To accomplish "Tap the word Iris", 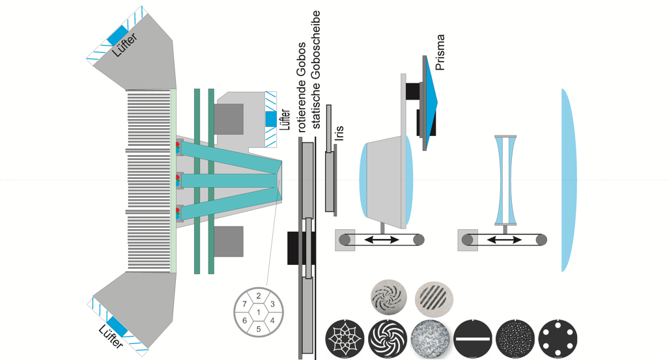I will tap(339, 133).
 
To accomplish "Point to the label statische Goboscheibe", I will tap(317, 72).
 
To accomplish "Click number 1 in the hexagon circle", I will tap(259, 312).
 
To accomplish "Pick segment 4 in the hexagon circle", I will tap(272, 320).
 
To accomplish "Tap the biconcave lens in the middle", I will tap(506, 179).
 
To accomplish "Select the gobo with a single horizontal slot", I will tap(474, 339).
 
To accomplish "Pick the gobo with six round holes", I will tap(559, 339).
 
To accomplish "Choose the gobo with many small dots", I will tap(516, 339).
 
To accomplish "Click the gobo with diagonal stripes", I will tap(433, 297).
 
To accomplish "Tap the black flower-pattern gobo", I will tap(345, 339).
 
